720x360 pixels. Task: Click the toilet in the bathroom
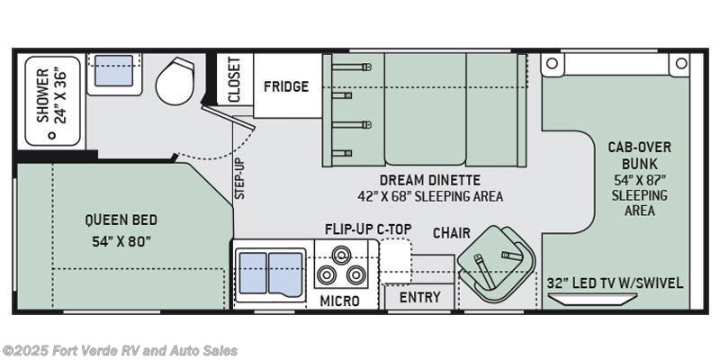click(x=175, y=81)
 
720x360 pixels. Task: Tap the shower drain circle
click(x=52, y=135)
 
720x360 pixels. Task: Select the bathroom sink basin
click(x=114, y=70)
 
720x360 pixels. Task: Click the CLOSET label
click(x=234, y=79)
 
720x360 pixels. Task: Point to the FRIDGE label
click(x=286, y=86)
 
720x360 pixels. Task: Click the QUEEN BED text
click(x=121, y=220)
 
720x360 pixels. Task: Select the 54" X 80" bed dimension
click(x=121, y=241)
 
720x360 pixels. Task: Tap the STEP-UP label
click(x=240, y=178)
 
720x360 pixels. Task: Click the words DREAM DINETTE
click(x=430, y=179)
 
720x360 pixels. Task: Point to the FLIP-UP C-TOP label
click(x=368, y=229)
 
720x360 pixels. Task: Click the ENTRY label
click(x=419, y=298)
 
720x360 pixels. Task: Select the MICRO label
click(x=339, y=301)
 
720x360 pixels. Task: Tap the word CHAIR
click(x=452, y=233)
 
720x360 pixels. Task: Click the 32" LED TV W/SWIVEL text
click(x=615, y=283)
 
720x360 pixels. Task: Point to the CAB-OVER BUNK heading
click(x=640, y=156)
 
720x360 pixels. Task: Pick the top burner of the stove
click(x=340, y=255)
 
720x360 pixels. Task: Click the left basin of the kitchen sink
click(x=253, y=273)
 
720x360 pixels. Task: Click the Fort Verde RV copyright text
click(x=120, y=351)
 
